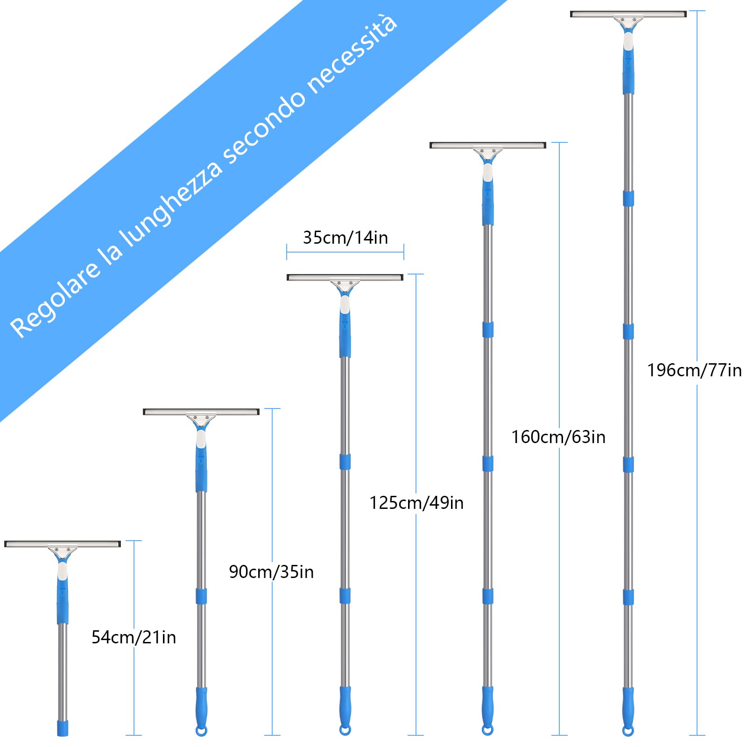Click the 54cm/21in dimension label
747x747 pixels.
click(134, 637)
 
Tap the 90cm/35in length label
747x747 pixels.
click(271, 572)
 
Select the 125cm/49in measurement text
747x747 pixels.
click(416, 503)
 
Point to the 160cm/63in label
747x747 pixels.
click(558, 437)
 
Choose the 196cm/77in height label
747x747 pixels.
click(694, 370)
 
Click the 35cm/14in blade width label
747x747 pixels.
click(345, 238)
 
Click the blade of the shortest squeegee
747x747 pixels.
click(63, 544)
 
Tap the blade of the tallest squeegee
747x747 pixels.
click(628, 14)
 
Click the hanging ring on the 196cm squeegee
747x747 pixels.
click(628, 731)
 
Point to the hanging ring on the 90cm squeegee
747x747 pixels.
click(201, 731)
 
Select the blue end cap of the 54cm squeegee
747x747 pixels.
click(63, 728)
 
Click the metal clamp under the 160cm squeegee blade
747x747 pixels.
click(488, 153)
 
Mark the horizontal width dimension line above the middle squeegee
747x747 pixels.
click(345, 252)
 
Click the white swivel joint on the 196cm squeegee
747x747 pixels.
click(628, 41)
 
